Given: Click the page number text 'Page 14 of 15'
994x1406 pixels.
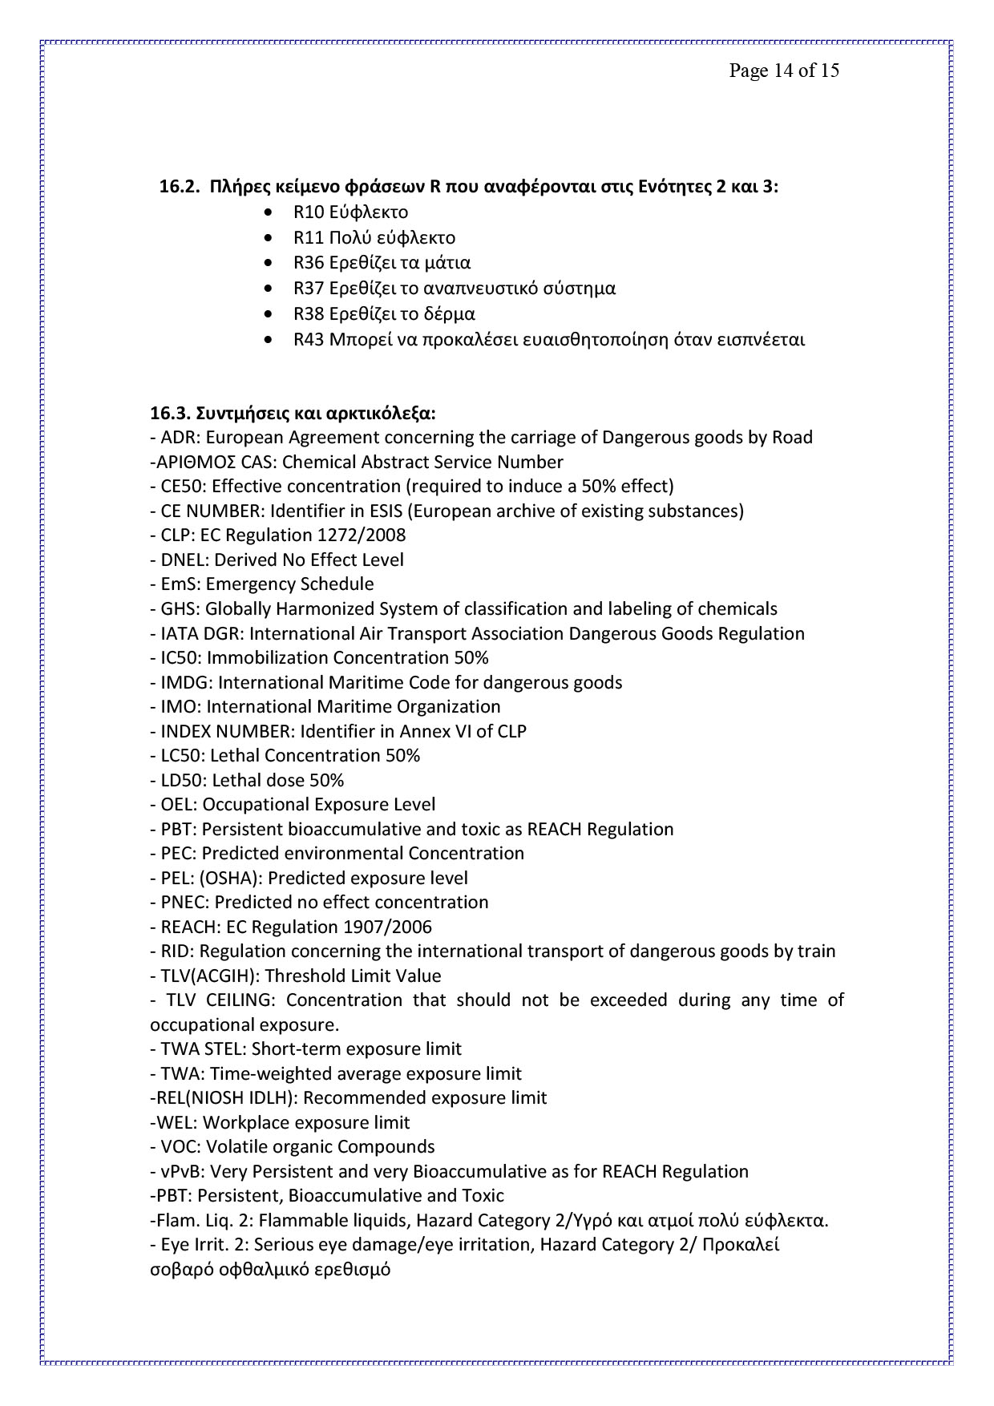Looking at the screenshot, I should (783, 71).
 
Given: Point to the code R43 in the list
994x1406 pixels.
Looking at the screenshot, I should (309, 340).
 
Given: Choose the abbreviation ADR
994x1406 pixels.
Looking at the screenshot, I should (176, 438).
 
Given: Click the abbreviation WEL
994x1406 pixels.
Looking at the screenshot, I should (175, 1123).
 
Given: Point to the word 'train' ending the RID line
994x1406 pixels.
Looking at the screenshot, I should (817, 951).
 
